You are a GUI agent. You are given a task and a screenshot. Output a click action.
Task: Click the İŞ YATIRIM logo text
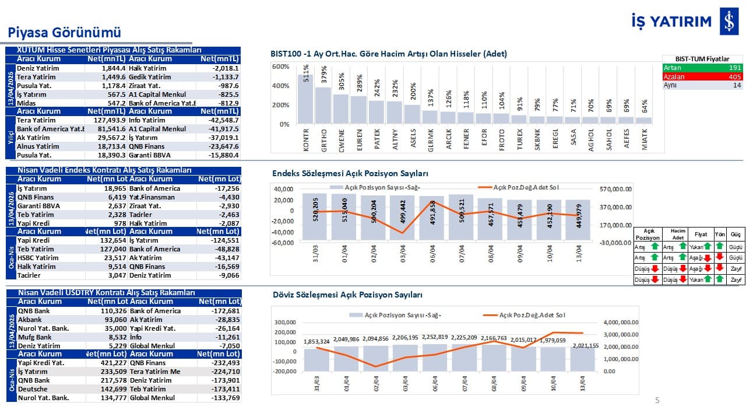tap(671, 22)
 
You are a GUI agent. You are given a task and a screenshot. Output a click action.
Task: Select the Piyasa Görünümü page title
tap(64, 32)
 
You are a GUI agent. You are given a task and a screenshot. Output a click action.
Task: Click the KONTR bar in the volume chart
tap(306, 99)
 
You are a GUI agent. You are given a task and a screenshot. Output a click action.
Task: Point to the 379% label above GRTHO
tap(324, 77)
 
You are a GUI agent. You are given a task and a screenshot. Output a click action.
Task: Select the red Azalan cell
tap(676, 76)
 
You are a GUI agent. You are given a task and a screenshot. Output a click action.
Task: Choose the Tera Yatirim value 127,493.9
tap(108, 120)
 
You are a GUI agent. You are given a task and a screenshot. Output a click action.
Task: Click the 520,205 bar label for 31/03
tap(315, 209)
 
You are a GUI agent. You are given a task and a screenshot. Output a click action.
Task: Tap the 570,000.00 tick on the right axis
tap(616, 189)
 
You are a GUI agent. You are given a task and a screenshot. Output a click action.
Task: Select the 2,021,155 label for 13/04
tap(585, 345)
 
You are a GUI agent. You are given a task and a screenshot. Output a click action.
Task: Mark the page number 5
tap(657, 400)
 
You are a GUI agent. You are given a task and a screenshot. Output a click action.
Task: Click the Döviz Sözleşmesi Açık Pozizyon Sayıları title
tap(347, 295)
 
